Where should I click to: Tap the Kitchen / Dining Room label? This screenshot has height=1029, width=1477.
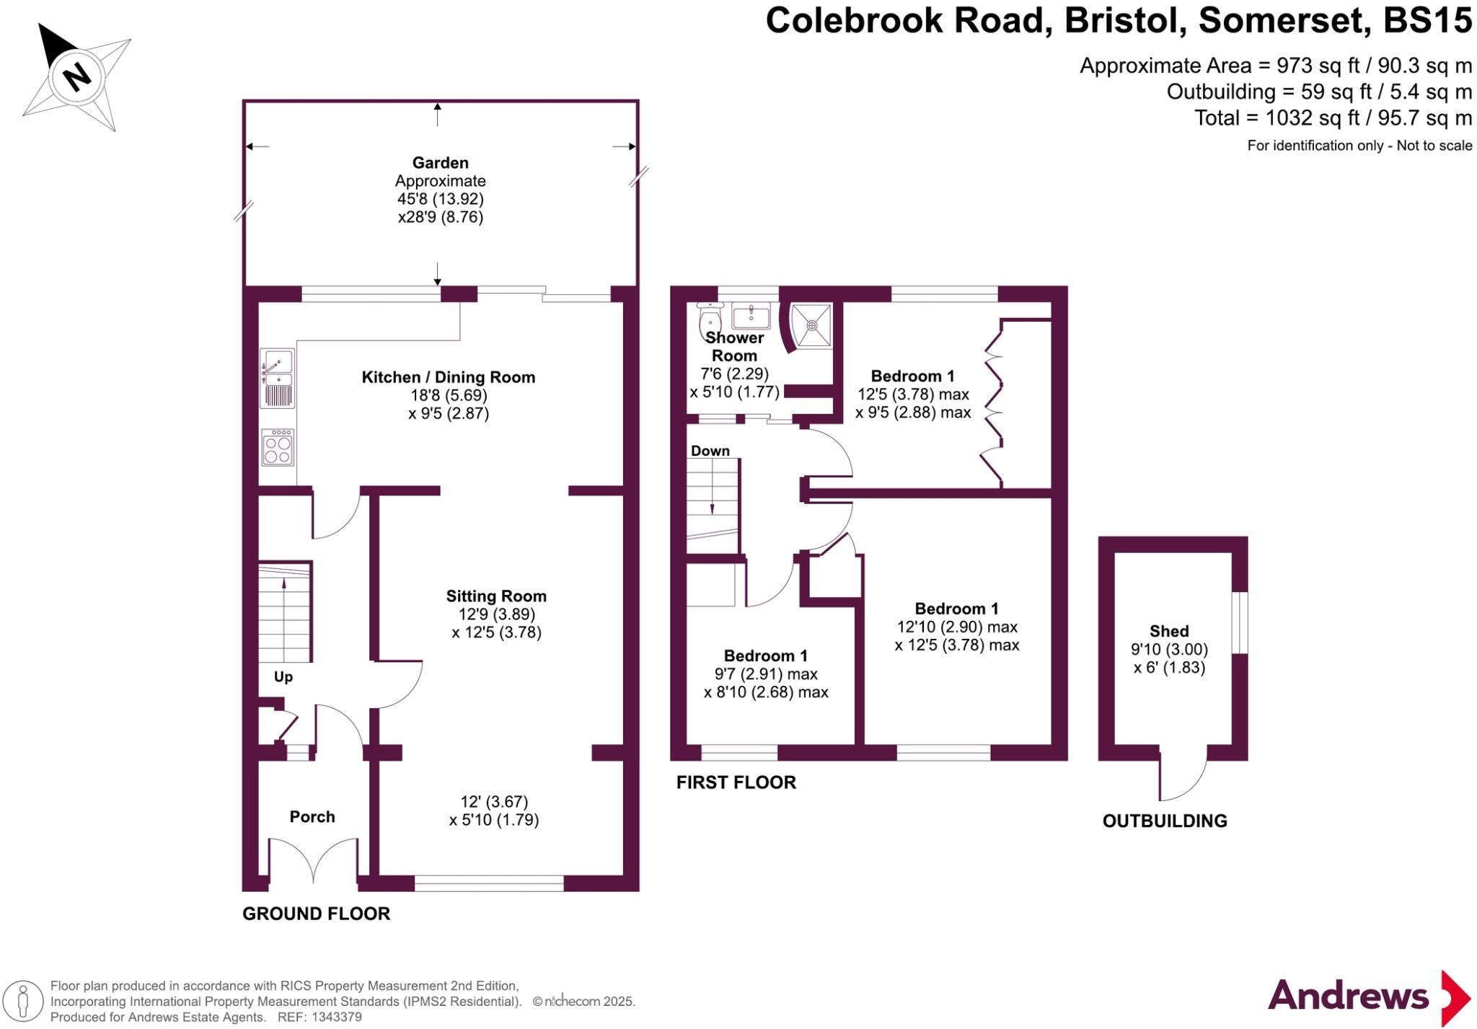(x=448, y=377)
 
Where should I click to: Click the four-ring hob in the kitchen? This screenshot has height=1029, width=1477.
(x=278, y=448)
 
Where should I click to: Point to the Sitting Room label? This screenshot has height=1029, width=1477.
(x=495, y=596)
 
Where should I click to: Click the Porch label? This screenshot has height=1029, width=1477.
(x=312, y=817)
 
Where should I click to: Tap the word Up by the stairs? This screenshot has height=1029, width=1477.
(x=283, y=677)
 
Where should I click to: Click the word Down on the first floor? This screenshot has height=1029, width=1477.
(x=710, y=451)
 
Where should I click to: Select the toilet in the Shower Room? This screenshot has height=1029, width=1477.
(x=710, y=317)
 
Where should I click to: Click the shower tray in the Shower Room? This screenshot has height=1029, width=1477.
(x=812, y=325)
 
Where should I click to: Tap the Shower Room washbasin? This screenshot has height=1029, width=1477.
(x=751, y=315)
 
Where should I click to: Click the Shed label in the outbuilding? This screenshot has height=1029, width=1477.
(x=1169, y=632)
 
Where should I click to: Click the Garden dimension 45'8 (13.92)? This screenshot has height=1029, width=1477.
(x=440, y=199)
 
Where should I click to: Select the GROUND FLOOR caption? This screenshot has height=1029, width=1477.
(x=316, y=914)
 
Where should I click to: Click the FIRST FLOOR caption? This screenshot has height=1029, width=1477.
(x=736, y=782)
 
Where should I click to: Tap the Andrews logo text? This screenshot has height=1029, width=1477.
(x=1348, y=997)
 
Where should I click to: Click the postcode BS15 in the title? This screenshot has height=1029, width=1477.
(x=1427, y=20)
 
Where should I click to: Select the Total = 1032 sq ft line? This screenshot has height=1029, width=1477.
(x=1333, y=118)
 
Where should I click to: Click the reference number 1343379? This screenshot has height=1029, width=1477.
(x=337, y=1017)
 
